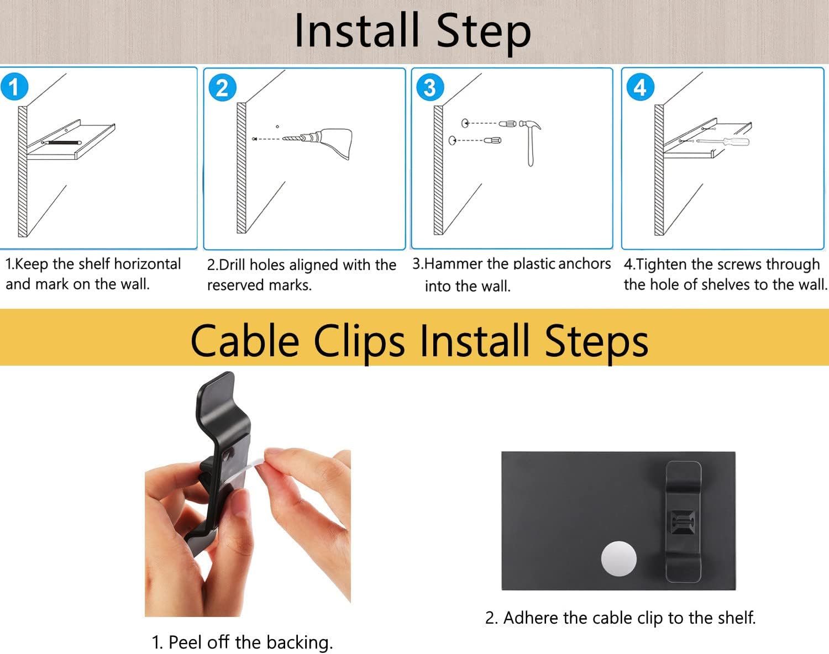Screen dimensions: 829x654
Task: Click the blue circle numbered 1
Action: pyautogui.click(x=14, y=87)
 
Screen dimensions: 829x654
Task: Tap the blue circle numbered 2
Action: pyautogui.click(x=223, y=87)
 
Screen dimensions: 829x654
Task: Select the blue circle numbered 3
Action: pyautogui.click(x=431, y=87)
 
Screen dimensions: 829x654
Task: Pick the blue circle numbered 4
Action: pyautogui.click(x=640, y=87)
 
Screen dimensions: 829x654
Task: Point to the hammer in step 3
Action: pyautogui.click(x=530, y=143)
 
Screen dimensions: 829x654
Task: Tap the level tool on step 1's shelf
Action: pyautogui.click(x=62, y=143)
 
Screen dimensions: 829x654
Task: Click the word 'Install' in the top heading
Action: pyautogui.click(x=356, y=30)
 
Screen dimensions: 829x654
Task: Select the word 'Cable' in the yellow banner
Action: pyautogui.click(x=245, y=341)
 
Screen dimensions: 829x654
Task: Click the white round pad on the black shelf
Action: pyautogui.click(x=618, y=558)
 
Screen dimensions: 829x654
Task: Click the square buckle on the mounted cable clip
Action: pyautogui.click(x=683, y=522)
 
